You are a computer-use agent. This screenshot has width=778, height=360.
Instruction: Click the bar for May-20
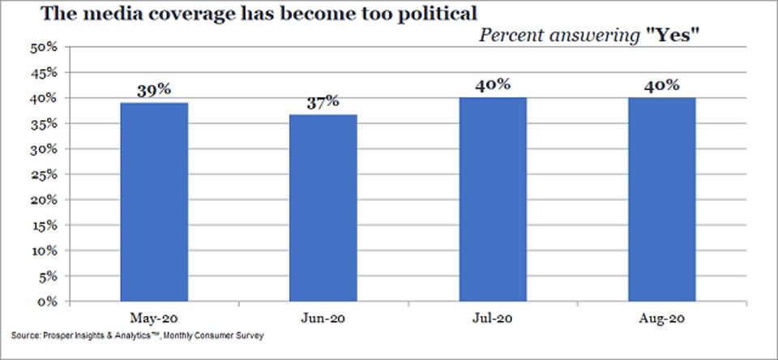coord(154,202)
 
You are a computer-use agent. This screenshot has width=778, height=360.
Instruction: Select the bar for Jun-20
coord(323,208)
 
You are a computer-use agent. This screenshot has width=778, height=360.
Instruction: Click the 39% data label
coord(154,90)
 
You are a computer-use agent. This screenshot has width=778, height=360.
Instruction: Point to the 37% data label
coord(323,102)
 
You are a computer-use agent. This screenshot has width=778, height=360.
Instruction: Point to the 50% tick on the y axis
coord(45,47)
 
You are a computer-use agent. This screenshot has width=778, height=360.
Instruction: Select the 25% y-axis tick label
coord(45,174)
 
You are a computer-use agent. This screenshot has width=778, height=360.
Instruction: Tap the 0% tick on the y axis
coord(49,302)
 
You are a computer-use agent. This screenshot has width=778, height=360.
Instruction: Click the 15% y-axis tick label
coord(45,225)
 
